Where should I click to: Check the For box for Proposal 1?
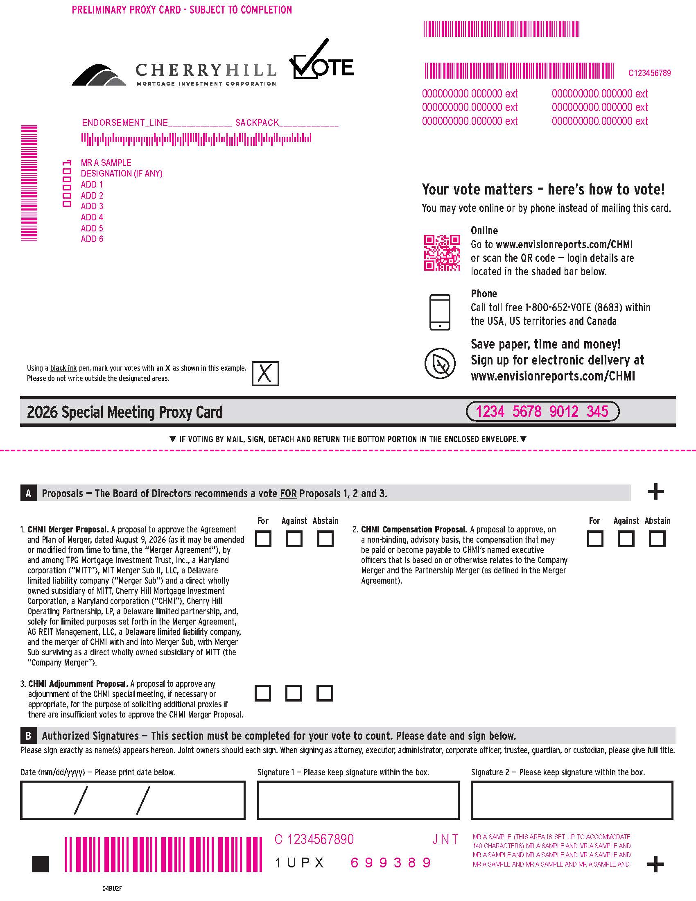coord(263,539)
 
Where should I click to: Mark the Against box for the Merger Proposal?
coord(294,539)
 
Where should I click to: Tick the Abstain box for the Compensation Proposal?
coord(657,539)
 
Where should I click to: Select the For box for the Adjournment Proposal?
coord(263,693)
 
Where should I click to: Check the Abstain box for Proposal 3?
coord(325,693)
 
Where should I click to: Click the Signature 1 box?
coord(358,800)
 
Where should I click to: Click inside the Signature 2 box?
coord(572,800)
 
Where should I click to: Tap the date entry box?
coord(133,800)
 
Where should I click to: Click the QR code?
coord(442,253)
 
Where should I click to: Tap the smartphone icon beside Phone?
coord(440,312)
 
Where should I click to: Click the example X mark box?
coord(265,374)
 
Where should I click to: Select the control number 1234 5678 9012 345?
coord(542,412)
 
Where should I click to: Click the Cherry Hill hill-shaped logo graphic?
coord(99,75)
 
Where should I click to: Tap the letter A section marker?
coord(28,494)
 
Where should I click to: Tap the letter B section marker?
coord(28,736)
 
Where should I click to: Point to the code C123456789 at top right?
coord(649,73)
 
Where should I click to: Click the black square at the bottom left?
coord(40,864)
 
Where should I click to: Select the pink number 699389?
coord(391,863)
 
